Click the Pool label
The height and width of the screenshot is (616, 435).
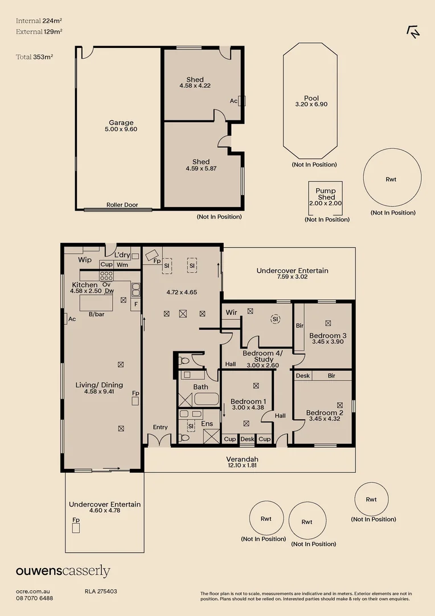click(311, 98)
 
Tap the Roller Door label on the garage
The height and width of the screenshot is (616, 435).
click(122, 205)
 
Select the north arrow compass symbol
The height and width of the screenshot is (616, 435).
click(413, 31)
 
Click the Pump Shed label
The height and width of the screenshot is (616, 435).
click(326, 194)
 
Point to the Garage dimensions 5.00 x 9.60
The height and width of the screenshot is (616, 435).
click(121, 129)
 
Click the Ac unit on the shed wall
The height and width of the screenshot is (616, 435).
click(241, 101)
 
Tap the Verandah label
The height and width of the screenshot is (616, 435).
click(243, 459)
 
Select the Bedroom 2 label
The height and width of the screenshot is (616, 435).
click(325, 412)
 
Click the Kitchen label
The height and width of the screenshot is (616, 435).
click(85, 285)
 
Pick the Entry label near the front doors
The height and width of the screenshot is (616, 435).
click(161, 427)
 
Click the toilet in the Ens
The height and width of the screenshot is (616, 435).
click(183, 437)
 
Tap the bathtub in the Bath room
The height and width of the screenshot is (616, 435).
click(206, 399)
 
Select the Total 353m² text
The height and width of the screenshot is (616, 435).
click(35, 57)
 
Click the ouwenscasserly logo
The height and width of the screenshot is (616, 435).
click(63, 571)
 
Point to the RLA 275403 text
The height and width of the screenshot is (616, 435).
click(101, 591)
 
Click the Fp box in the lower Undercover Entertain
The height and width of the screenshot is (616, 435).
click(76, 528)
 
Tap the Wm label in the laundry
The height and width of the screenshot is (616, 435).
click(122, 265)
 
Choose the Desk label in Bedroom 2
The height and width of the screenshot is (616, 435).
click(303, 375)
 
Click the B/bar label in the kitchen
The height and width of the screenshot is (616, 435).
click(96, 314)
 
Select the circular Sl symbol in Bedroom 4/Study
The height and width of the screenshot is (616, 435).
click(276, 319)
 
